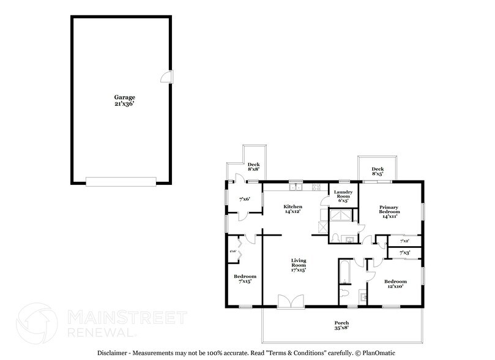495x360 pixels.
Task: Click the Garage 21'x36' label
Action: (124, 100)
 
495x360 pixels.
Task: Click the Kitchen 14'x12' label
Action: (292, 210)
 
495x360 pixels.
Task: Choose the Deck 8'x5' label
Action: (378, 172)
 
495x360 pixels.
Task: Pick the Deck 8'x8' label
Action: (253, 167)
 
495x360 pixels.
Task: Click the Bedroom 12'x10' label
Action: (395, 284)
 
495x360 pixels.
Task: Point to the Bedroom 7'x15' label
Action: (245, 279)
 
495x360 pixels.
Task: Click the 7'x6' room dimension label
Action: (244, 199)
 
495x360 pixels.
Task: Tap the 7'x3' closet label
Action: (404, 252)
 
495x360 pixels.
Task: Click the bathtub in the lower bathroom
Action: (344, 272)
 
